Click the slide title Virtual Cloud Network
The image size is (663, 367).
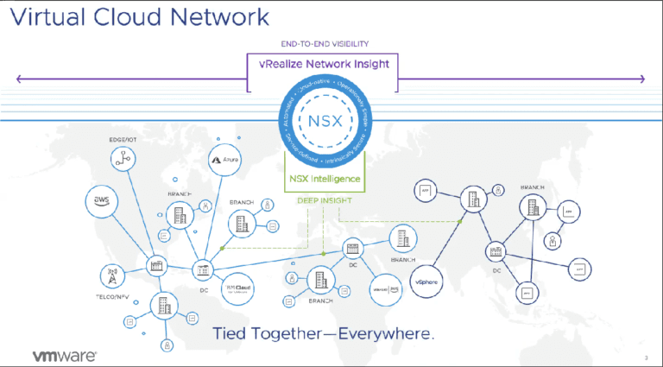point(139,16)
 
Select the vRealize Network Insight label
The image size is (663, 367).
point(324,64)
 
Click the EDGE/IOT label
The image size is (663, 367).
point(122,138)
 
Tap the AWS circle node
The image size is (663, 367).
point(101,201)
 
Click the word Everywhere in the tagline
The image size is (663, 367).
point(388,332)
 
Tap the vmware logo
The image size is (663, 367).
point(64,355)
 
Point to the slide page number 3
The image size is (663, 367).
point(646,357)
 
